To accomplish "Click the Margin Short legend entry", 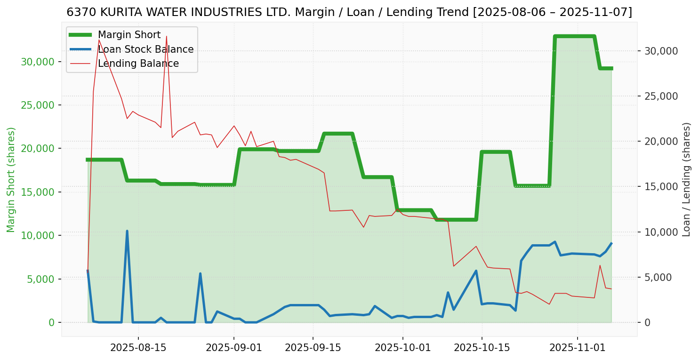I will coord(129,35).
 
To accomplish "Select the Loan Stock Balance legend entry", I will coord(145,49).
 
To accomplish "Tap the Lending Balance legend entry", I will coord(138,64).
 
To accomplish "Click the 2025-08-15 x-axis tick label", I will coord(138,348).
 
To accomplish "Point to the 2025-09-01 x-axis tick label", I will coord(234,348).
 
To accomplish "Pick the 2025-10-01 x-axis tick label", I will coord(403,348).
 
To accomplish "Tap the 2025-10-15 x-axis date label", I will coord(482,348).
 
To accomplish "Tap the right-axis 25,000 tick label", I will coord(661,96).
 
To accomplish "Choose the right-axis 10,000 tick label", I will coord(661,232).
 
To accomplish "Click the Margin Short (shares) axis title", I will coord(11,180).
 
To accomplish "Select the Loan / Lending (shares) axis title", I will coord(687,180).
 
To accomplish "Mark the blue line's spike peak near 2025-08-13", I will coord(127,231).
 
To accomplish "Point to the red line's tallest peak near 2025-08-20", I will coord(166,36).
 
